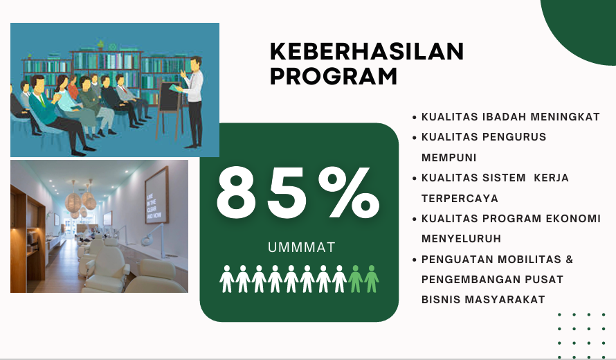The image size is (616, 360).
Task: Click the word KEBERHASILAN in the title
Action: click(367, 52)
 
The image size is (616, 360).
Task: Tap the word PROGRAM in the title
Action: click(334, 76)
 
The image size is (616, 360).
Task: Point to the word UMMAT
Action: click(301, 247)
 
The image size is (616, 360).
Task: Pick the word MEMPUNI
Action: click(449, 158)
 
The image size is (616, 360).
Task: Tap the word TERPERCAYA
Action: click(460, 199)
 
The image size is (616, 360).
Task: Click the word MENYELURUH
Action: click(461, 239)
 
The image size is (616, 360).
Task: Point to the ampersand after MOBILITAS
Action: click(569, 260)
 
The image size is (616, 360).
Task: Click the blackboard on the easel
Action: click(170, 97)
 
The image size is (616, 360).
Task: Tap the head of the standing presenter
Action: click(196, 64)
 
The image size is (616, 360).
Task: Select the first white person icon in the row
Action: click(227, 278)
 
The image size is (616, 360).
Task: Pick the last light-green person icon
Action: click(371, 278)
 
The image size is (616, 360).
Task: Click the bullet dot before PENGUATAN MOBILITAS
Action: click(415, 260)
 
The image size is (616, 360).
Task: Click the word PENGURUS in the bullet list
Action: click(514, 137)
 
